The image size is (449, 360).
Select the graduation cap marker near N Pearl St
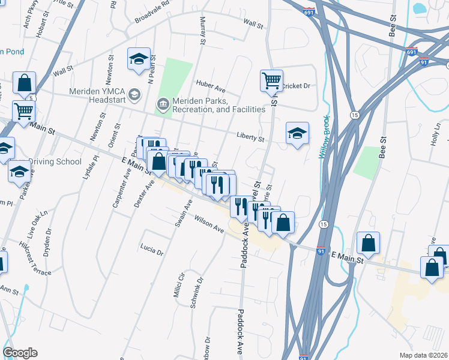click(x=139, y=59)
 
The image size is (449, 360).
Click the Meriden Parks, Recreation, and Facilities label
click(x=218, y=105)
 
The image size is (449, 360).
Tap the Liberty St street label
click(x=250, y=139)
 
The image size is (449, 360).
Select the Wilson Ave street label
click(x=208, y=226)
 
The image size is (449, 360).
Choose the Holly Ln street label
click(x=435, y=140)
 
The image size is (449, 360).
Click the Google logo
click(x=20, y=353)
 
